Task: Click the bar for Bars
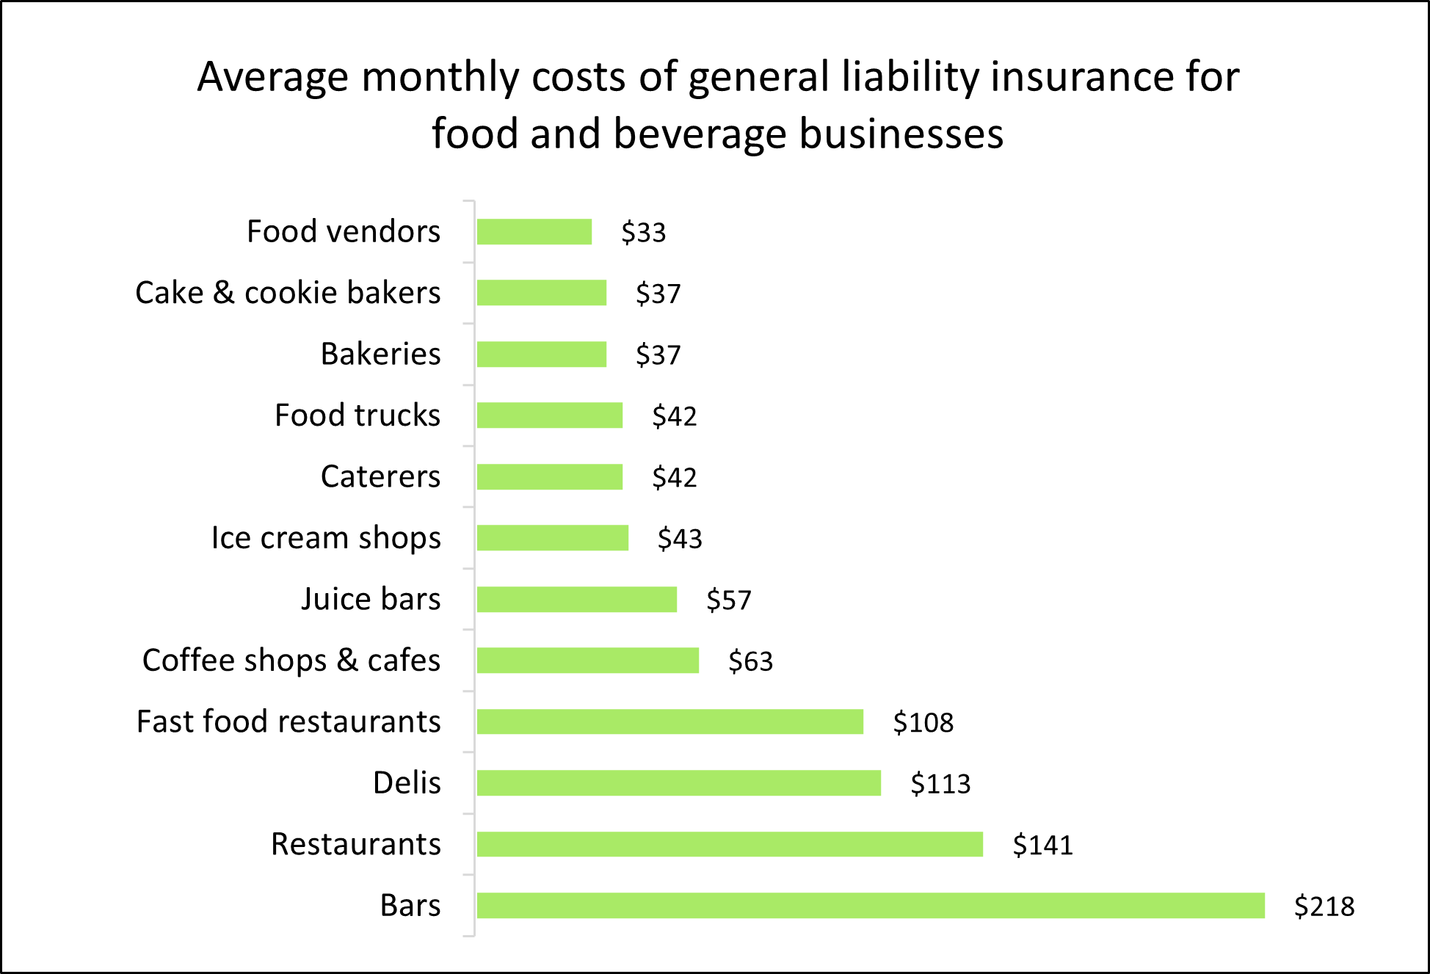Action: point(871,905)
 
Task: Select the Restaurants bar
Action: point(730,844)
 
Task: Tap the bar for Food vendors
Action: point(534,232)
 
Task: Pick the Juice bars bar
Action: point(577,599)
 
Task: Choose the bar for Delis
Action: point(679,782)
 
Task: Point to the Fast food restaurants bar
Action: point(670,722)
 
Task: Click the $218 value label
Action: point(1324,906)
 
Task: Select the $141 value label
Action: point(1042,845)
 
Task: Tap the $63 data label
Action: point(750,661)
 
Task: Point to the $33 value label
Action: point(644,233)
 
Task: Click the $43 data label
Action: point(680,539)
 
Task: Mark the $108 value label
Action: point(923,723)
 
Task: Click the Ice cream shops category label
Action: point(326,538)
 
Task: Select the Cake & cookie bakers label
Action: point(288,293)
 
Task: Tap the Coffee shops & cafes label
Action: point(291,661)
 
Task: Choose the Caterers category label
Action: point(380,477)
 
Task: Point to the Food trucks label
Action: point(357,415)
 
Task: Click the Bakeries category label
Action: point(380,355)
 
